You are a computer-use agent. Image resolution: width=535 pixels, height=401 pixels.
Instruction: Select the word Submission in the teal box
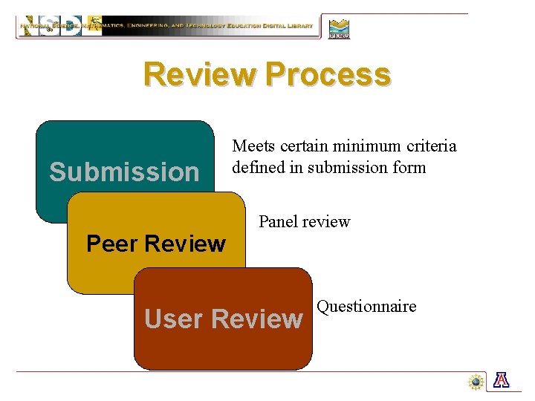[x=124, y=172]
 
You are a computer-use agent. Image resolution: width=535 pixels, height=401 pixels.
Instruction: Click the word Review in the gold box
[x=186, y=244]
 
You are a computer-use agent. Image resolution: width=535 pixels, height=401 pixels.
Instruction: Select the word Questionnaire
[x=366, y=307]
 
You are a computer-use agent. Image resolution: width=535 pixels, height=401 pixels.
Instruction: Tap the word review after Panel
[x=326, y=221]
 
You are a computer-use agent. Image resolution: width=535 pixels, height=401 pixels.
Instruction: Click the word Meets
[x=253, y=146]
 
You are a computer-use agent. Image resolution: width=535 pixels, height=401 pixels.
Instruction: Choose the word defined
[x=258, y=167]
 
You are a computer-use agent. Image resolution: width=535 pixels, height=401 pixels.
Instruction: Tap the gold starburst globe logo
[x=476, y=382]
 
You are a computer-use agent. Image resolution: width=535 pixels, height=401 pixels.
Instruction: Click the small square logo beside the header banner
[x=339, y=28]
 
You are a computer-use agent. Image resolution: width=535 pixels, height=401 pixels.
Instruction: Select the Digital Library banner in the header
[x=167, y=27]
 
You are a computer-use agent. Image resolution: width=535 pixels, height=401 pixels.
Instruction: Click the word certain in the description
[x=304, y=146]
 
